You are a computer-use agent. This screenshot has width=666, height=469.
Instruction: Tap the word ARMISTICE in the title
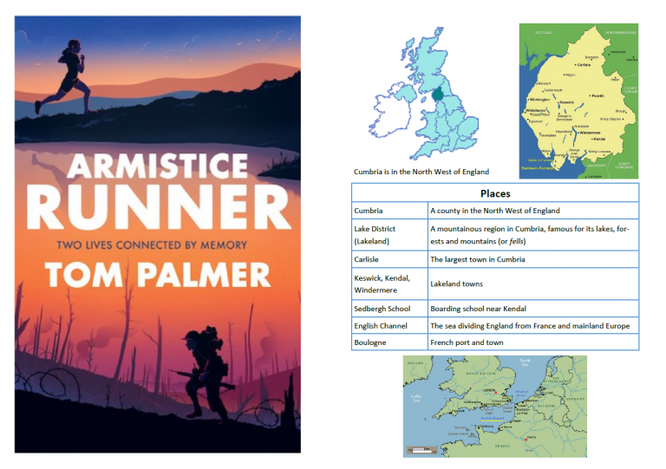[x=158, y=166]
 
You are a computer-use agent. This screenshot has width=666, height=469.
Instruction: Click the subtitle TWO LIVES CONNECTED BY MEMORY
[x=158, y=244]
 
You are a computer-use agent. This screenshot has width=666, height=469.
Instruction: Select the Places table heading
[x=495, y=193]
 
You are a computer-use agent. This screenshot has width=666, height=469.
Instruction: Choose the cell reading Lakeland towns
[x=456, y=283]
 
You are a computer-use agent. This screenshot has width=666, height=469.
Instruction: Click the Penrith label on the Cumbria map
[x=597, y=97]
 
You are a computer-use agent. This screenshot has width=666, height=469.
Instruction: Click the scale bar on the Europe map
[x=421, y=449]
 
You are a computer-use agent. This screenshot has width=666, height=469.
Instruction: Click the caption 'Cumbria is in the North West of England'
[x=421, y=172]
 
